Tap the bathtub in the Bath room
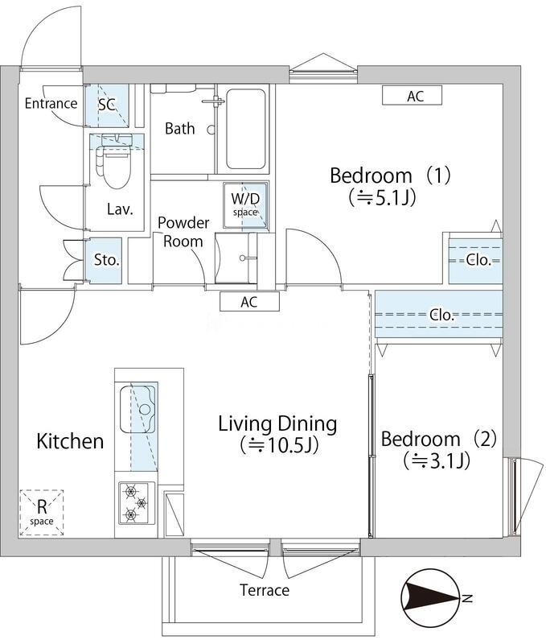(245, 129)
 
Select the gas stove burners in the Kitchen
(136, 502)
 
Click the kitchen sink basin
(138, 409)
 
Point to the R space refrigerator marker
(42, 512)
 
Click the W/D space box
(246, 204)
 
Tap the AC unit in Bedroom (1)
(412, 95)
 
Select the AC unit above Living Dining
(249, 301)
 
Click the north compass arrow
(431, 597)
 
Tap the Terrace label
(265, 590)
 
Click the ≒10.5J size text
(279, 444)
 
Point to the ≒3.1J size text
(437, 460)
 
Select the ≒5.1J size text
(382, 196)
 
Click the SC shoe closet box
(107, 105)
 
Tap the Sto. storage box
(105, 260)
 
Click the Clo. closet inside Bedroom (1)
(475, 261)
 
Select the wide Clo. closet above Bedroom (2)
(439, 314)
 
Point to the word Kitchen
(70, 441)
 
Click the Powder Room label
(183, 232)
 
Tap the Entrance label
(51, 103)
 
